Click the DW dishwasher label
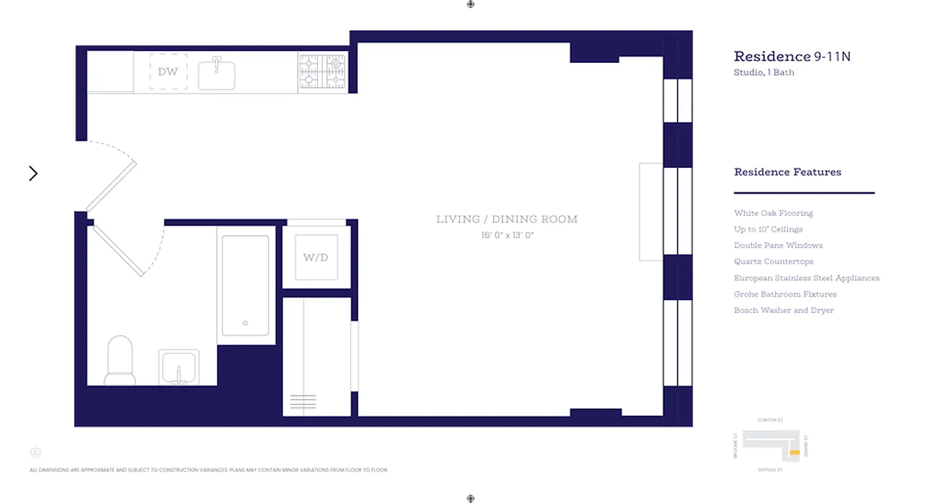(168, 72)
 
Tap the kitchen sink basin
(217, 75)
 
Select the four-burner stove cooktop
(322, 72)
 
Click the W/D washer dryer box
(316, 257)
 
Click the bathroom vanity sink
(178, 367)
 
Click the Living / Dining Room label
(507, 219)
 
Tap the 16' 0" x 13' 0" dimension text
(507, 236)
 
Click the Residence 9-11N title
(792, 57)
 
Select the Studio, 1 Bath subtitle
(764, 72)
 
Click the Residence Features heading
(788, 172)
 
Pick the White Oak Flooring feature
(773, 213)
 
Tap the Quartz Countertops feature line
(773, 262)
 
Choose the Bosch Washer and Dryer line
(784, 310)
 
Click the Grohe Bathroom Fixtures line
(785, 294)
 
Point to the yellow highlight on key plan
(794, 453)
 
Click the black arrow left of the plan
(33, 174)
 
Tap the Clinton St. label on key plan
(771, 420)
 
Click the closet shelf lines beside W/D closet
(303, 401)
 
